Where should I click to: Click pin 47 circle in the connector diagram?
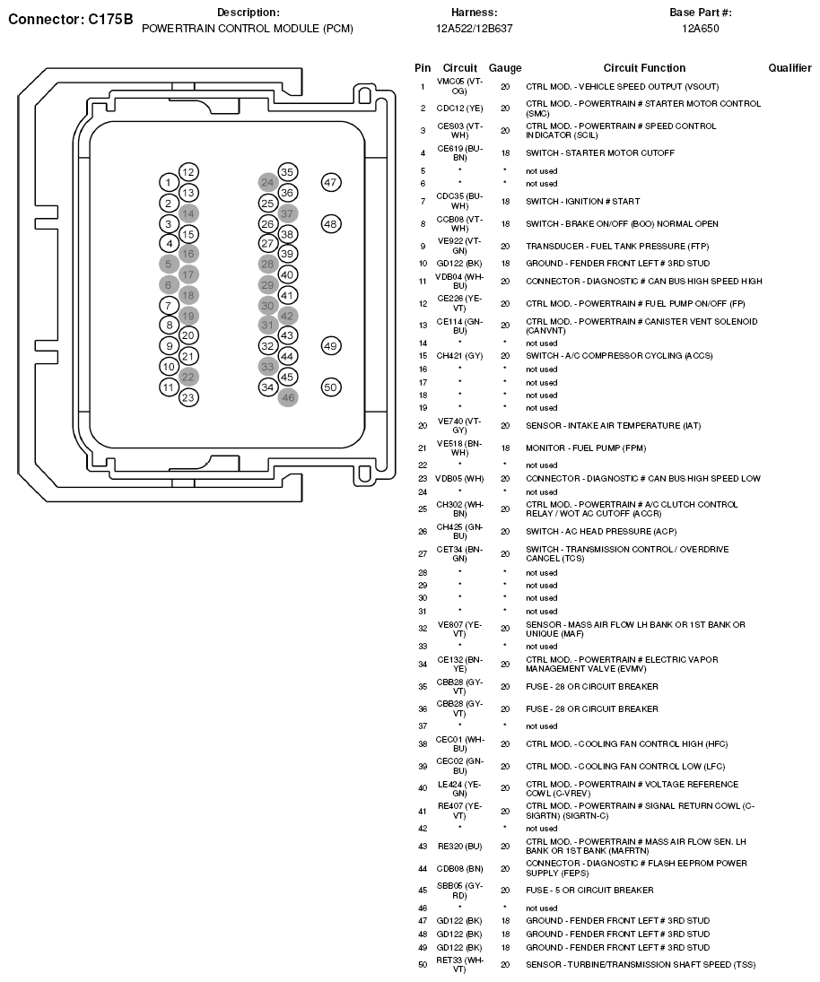point(330,182)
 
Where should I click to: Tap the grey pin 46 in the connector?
point(288,397)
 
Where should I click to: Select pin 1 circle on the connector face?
point(168,183)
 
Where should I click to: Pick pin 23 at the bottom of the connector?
point(188,397)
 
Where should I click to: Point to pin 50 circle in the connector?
point(331,387)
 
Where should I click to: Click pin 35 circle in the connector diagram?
point(287,172)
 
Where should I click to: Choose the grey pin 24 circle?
point(267,182)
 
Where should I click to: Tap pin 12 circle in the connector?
point(188,172)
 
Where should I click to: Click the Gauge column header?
point(505,68)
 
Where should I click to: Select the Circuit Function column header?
point(644,68)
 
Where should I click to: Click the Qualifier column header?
point(790,68)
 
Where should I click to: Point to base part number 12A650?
point(701,29)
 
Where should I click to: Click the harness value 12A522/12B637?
point(474,29)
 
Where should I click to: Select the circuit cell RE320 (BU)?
point(459,846)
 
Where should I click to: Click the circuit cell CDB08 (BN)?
point(459,868)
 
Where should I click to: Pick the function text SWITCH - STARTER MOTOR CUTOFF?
point(599,152)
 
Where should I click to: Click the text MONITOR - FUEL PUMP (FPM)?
point(586,448)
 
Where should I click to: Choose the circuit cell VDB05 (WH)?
point(459,478)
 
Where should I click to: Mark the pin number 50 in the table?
point(423,965)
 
